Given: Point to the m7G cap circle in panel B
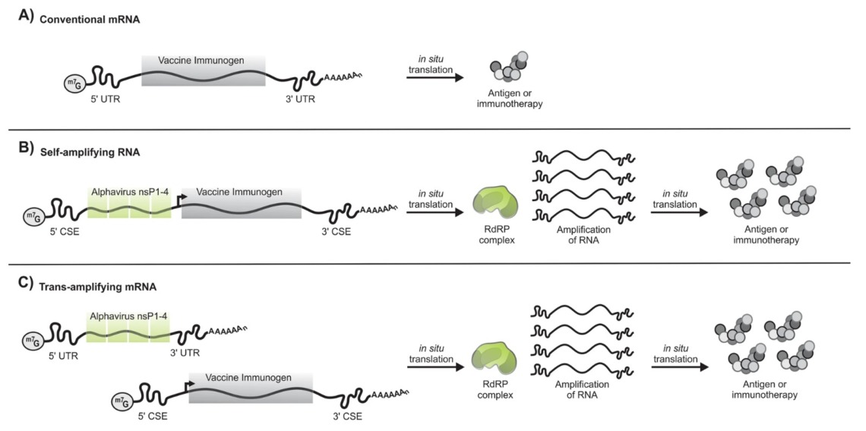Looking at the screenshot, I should tap(36, 217).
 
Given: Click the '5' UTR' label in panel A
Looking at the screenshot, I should tap(104, 99).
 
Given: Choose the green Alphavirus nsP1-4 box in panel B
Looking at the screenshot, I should tap(128, 203).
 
